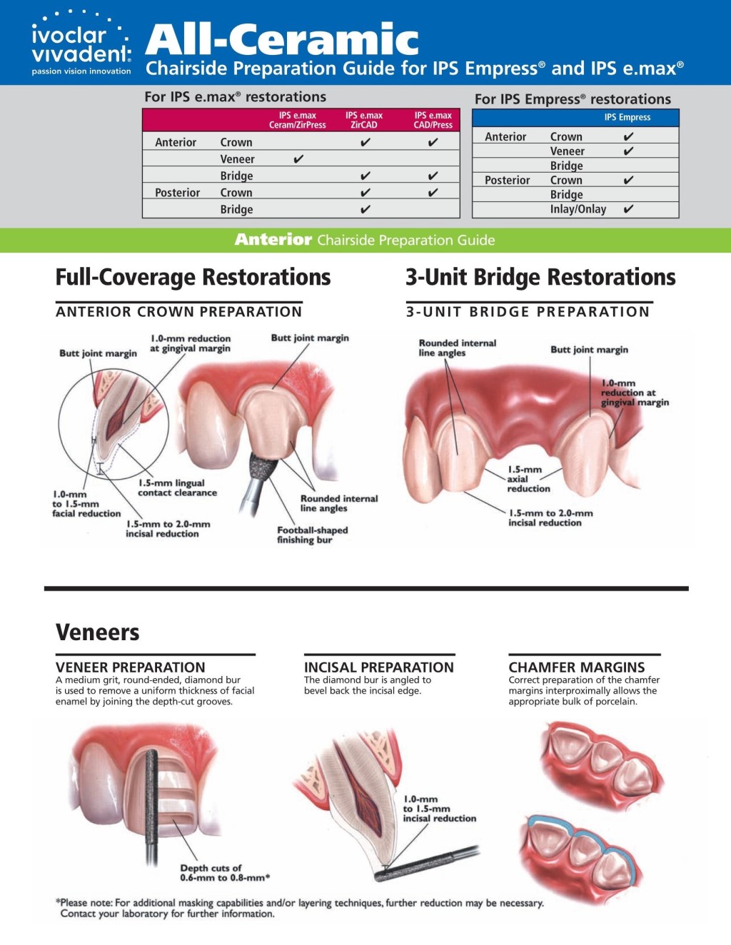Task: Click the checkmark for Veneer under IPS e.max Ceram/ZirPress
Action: (x=298, y=159)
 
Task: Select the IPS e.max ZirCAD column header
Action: (x=364, y=120)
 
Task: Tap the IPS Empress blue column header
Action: (x=627, y=117)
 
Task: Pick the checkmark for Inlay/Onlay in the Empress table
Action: (x=628, y=209)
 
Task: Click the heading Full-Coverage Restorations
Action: (x=193, y=277)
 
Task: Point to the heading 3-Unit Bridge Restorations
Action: (x=540, y=277)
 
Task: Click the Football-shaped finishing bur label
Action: (x=312, y=535)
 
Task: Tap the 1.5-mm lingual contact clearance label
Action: (x=177, y=487)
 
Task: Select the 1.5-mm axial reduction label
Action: (x=528, y=479)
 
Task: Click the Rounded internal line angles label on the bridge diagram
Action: (x=457, y=348)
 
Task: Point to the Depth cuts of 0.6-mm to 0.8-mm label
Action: (x=224, y=872)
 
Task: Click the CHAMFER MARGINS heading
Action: (x=576, y=667)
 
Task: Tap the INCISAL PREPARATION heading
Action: (x=378, y=667)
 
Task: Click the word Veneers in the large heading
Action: (x=98, y=632)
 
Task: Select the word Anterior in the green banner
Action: (x=273, y=240)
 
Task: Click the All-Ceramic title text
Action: (x=282, y=39)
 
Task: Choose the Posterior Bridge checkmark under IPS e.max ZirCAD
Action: (x=365, y=209)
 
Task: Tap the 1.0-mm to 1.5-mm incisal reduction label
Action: (x=438, y=809)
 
